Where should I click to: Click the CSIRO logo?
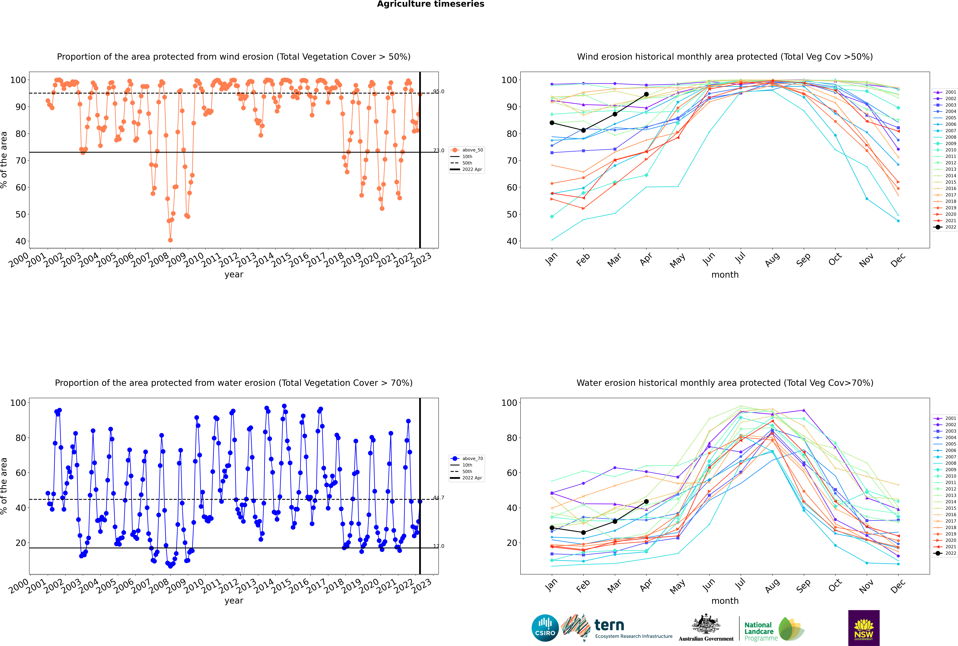(x=545, y=628)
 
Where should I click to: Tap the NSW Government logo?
(x=864, y=628)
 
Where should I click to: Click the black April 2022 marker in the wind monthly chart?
(x=646, y=94)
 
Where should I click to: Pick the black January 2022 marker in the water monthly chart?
(x=552, y=528)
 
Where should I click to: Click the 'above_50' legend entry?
(x=467, y=150)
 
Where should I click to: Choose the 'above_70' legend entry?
(x=467, y=459)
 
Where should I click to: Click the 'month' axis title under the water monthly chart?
(x=725, y=601)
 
